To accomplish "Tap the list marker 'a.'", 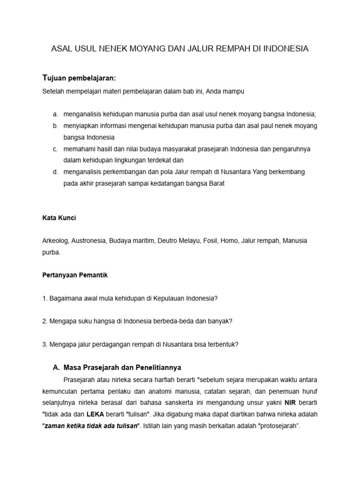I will click(x=55, y=114).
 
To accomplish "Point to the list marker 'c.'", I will click(x=55, y=149).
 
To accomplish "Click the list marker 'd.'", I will click(x=55, y=172).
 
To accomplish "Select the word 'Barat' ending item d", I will click(x=215, y=184).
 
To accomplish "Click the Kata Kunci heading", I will click(x=59, y=218).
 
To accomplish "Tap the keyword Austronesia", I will click(x=89, y=240).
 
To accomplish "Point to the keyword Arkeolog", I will click(x=56, y=240).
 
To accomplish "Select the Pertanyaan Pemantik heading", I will click(x=75, y=275).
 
